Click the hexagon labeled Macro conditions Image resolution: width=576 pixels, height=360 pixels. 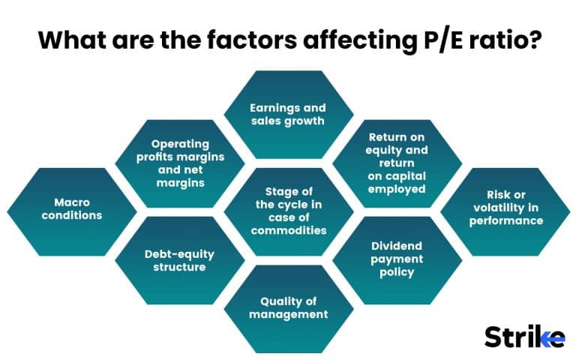[73, 209]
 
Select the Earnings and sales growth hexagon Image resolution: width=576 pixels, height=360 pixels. [289, 114]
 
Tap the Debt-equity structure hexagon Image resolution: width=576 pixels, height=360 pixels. [180, 260]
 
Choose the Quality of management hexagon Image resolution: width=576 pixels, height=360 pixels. [289, 307]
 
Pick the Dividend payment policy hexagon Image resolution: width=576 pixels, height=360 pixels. [397, 259]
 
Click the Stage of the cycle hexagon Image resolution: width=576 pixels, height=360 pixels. [289, 211]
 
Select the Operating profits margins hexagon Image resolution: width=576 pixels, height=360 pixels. [180, 162]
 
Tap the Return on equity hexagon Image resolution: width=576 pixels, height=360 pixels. [397, 162]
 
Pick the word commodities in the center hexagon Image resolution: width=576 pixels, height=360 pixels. [289, 230]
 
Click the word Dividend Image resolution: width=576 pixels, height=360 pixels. [397, 246]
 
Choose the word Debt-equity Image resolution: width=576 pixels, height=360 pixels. [180, 253]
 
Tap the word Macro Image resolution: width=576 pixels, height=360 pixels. [73, 202]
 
